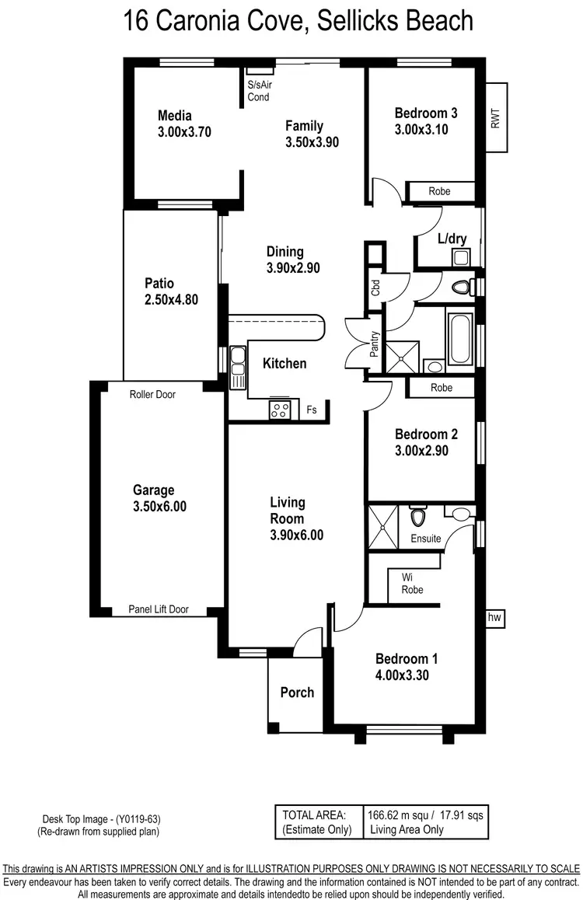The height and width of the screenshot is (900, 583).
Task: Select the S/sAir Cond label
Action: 259,91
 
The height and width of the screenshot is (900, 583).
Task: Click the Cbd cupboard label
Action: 375,288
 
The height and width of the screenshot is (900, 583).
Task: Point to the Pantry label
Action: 374,343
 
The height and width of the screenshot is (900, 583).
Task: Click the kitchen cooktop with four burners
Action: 280,409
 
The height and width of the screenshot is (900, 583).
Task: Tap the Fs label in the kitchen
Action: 312,410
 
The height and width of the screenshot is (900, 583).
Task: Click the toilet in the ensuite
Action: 417,516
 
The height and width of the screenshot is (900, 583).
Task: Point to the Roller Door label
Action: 152,394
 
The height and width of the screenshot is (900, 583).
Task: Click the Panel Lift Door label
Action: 159,610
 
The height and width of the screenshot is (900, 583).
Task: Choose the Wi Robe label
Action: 412,584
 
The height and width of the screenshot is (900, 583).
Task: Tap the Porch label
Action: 297,692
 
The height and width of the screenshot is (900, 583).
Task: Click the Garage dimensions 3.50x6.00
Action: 159,507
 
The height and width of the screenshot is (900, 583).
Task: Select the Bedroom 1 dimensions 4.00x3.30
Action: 402,675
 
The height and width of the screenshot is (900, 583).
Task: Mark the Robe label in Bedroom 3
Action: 441,191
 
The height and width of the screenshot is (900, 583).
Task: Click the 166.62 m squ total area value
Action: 397,815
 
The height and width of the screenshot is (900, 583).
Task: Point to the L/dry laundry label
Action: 452,239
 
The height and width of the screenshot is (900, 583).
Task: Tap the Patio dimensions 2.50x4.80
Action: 171,299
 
